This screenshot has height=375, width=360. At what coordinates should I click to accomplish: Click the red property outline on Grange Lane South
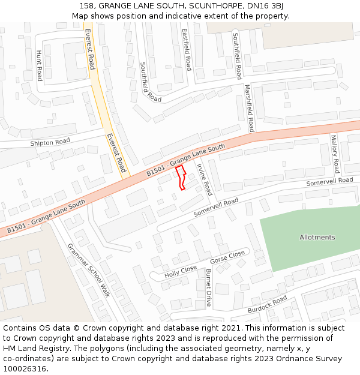tap(181, 178)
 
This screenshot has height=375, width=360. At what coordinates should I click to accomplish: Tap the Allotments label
tap(317, 238)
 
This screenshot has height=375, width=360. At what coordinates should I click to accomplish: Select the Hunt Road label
tap(40, 65)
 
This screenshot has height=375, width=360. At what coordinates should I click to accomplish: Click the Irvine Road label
tap(205, 179)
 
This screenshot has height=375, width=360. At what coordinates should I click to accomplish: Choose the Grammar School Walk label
tap(88, 270)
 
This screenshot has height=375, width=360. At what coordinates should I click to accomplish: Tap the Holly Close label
tap(181, 272)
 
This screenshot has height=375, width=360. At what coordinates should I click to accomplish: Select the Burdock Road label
tap(267, 305)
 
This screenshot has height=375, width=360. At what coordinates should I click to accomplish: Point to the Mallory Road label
tap(335, 154)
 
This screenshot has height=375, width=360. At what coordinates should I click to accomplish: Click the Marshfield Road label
tap(249, 108)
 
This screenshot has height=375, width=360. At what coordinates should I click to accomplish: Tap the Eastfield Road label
tap(187, 50)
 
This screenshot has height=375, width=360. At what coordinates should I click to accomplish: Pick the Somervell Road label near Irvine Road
tap(215, 208)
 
